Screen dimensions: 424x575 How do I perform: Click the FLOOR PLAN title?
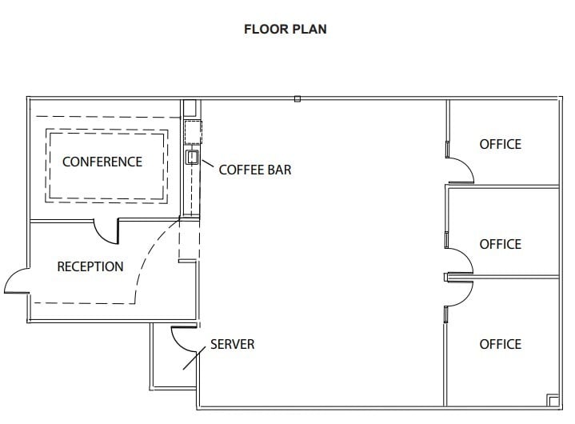pyautogui.click(x=285, y=30)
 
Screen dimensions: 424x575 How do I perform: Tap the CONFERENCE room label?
pyautogui.click(x=102, y=162)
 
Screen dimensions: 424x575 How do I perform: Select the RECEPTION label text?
pyautogui.click(x=90, y=266)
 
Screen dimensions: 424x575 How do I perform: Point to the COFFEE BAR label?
pyautogui.click(x=254, y=170)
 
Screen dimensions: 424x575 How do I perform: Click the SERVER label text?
pyautogui.click(x=232, y=345)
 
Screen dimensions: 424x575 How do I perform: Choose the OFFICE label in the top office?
pyautogui.click(x=500, y=144)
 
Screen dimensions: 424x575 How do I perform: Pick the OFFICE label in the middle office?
pyautogui.click(x=500, y=245)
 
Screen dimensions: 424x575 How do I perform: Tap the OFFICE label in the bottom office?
pyautogui.click(x=500, y=344)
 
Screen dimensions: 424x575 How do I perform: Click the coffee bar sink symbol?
pyautogui.click(x=191, y=157)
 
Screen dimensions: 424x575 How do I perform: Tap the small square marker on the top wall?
pyautogui.click(x=297, y=99)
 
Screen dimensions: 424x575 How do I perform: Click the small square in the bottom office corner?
pyautogui.click(x=552, y=399)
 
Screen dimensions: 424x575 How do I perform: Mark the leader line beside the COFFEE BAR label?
pyautogui.click(x=206, y=166)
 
